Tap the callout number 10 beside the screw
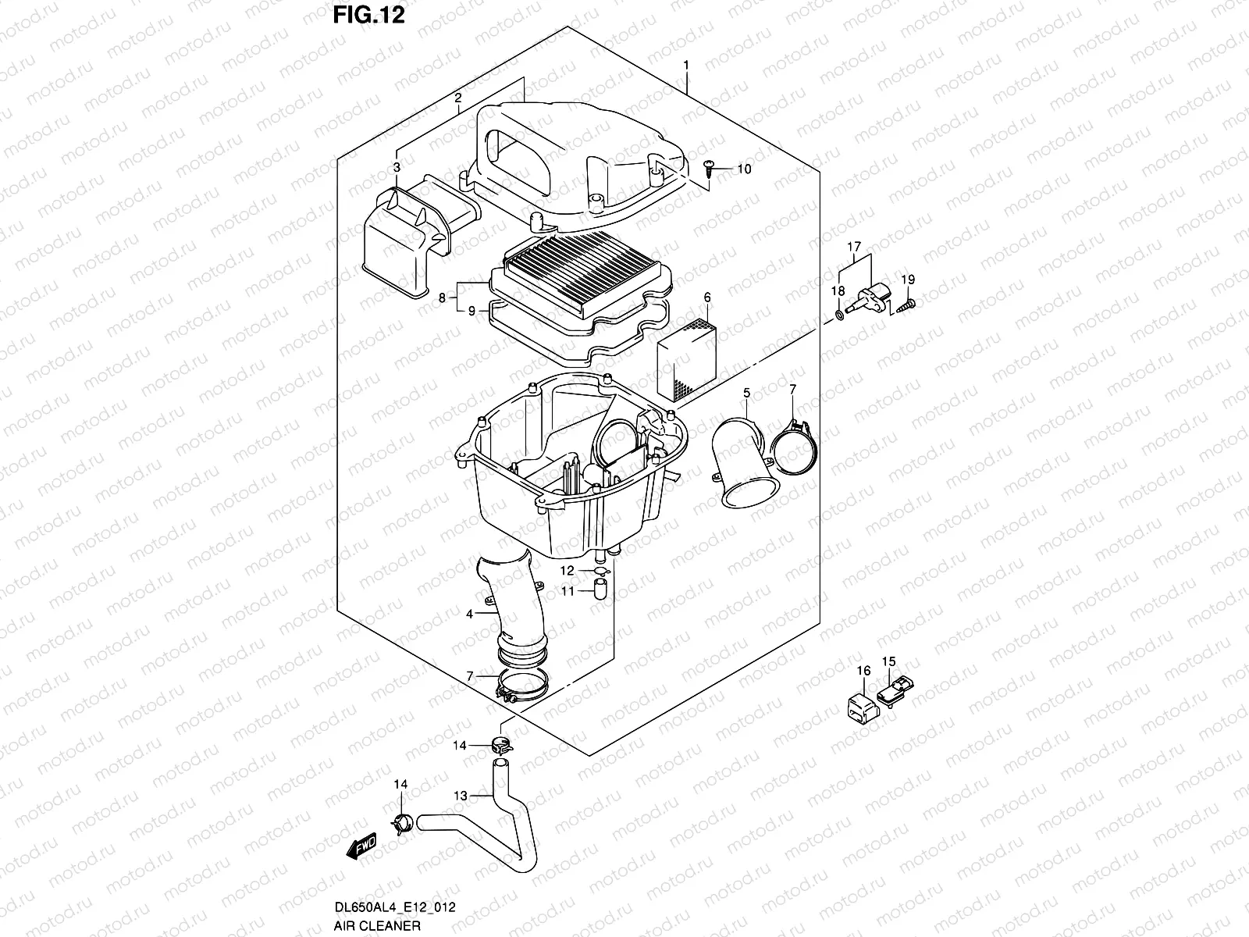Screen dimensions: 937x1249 743,169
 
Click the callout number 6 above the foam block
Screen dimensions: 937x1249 706,297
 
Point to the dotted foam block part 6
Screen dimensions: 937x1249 688,360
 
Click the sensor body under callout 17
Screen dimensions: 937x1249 874,297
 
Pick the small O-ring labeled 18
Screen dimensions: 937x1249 838,314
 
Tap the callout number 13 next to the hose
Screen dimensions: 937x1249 461,796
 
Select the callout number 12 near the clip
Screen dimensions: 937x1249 568,572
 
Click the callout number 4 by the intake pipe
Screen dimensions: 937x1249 470,615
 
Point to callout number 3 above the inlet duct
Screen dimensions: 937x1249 397,168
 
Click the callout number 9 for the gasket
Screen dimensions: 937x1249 471,311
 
